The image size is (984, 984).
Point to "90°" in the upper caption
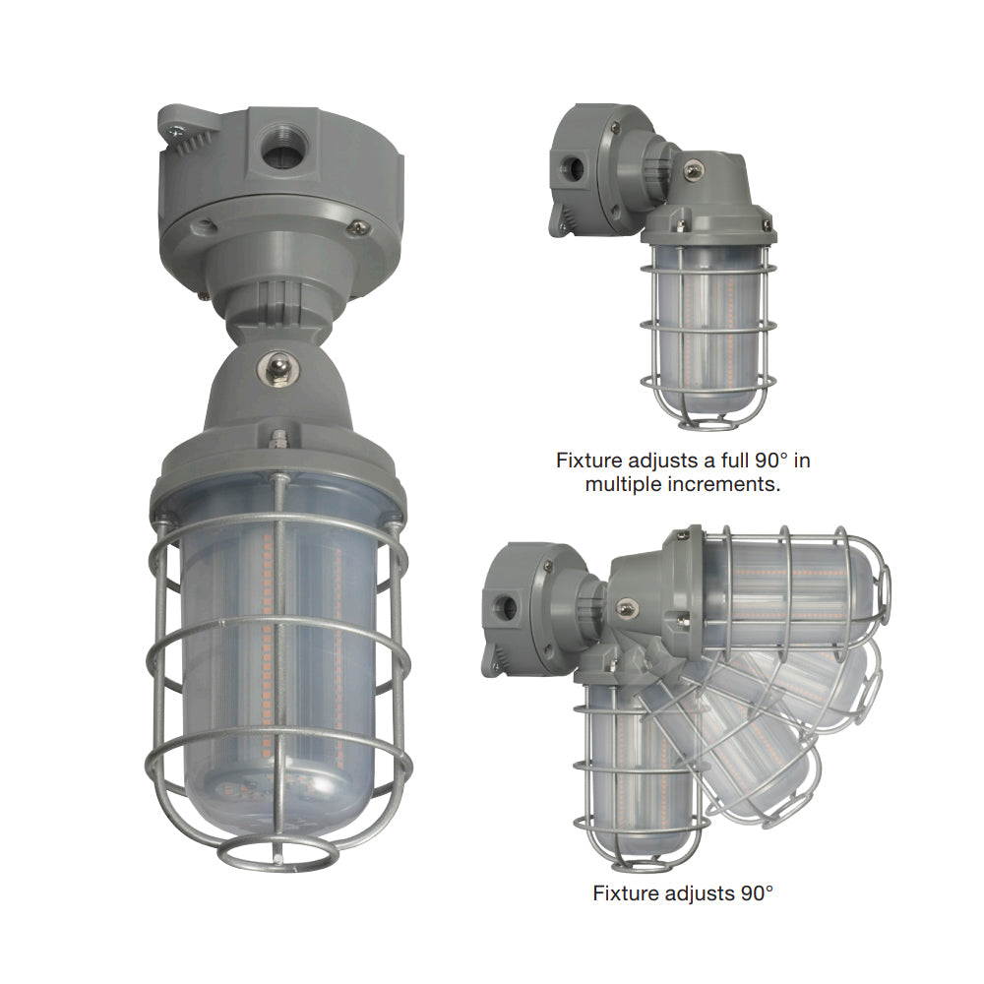click(x=771, y=461)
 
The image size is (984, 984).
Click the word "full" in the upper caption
click(x=734, y=461)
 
